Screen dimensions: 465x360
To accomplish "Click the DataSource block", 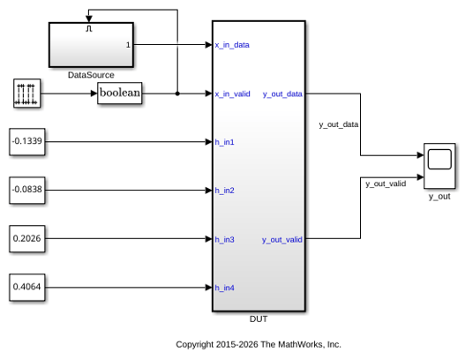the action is click(91, 45).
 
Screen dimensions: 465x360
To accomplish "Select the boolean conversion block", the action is click(120, 94).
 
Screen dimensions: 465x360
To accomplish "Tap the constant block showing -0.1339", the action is click(27, 142).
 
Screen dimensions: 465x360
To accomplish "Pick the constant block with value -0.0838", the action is click(27, 190).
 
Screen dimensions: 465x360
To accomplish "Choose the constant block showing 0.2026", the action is click(27, 239).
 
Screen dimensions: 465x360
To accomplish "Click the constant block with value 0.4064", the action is click(27, 288).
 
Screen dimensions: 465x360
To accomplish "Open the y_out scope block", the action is click(439, 166).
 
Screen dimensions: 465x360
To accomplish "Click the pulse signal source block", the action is click(27, 94).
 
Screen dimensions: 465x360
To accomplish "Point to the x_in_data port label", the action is click(232, 45).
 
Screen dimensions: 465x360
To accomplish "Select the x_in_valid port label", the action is click(233, 94).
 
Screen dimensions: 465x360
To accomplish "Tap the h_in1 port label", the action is click(224, 142).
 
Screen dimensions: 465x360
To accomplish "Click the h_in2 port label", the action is click(224, 191).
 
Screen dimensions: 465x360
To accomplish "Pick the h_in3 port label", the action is click(224, 240).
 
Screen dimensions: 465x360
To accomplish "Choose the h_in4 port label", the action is click(224, 288).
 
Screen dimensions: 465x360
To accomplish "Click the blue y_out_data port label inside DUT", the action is click(282, 94).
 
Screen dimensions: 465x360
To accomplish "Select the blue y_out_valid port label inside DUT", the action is click(282, 240).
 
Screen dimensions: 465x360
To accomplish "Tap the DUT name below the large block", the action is click(259, 319).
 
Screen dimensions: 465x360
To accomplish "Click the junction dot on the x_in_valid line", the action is click(177, 94).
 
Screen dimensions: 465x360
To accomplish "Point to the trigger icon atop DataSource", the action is click(89, 28).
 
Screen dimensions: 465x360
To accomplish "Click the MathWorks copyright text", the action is click(259, 344).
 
